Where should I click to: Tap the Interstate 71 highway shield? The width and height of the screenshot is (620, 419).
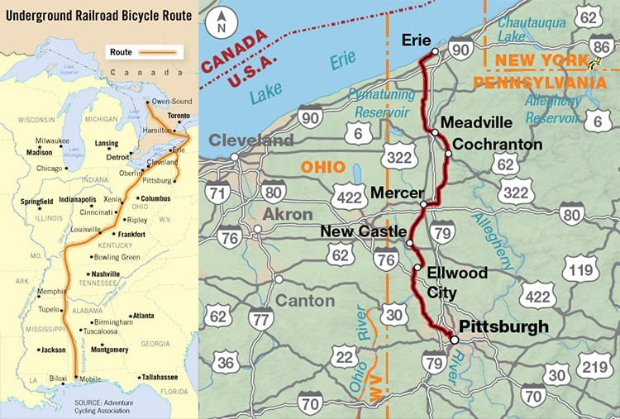coord(219,193)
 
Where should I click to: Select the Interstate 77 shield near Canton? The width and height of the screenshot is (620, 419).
coord(261,316)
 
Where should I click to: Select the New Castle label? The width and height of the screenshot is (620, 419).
coord(363,232)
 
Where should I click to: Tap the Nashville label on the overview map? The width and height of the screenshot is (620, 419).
coord(106,274)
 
